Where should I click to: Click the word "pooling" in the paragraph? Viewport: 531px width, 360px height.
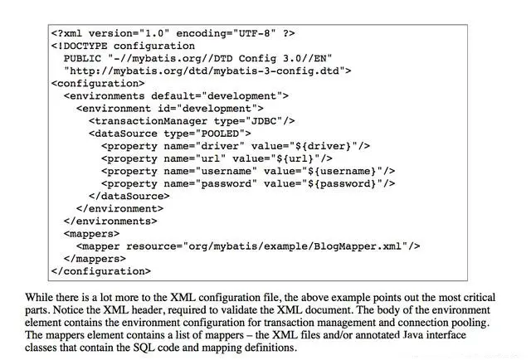click(475, 322)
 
